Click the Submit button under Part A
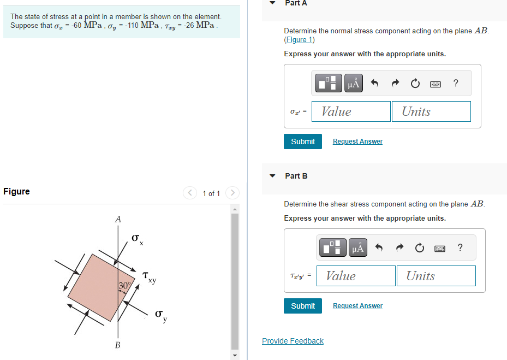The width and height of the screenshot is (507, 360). tap(303, 141)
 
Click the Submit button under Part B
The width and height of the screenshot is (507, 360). tap(303, 306)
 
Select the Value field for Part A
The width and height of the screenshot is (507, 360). tap(351, 111)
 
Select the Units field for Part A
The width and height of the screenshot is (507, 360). tap(431, 111)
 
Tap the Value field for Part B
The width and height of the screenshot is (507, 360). tap(356, 276)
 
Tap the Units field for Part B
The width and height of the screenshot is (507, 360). tap(436, 276)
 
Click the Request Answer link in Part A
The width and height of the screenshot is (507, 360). tap(357, 141)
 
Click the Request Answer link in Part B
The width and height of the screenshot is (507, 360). tap(357, 306)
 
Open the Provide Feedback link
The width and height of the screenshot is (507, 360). tap(293, 341)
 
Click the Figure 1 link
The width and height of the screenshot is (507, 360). tap(300, 40)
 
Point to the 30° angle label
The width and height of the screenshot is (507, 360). tap(125, 286)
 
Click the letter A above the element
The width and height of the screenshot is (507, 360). tap(118, 219)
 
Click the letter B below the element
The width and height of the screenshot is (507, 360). tap(118, 345)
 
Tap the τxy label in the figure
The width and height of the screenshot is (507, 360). tap(150, 278)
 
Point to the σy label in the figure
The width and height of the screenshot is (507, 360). tap(161, 316)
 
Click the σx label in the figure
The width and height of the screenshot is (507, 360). tap(138, 240)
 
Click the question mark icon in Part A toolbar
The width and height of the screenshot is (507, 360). tap(456, 83)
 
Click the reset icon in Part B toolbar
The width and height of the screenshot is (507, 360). tap(419, 248)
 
